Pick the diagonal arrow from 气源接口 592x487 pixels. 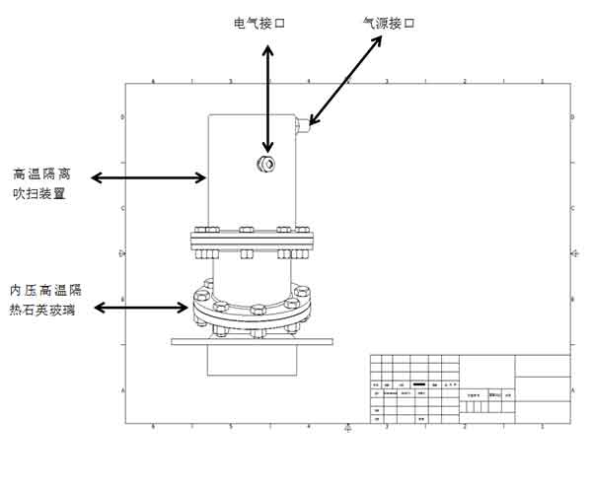(x=344, y=83)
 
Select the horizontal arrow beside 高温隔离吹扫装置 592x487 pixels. (x=148, y=177)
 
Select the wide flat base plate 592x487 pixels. (x=252, y=342)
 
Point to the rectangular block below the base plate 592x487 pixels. (x=252, y=360)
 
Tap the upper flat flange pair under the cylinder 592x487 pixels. (x=252, y=240)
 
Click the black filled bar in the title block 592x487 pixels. (x=418, y=383)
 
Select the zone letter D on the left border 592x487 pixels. (x=121, y=117)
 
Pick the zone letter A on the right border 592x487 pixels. (x=574, y=390)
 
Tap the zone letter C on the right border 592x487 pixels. (x=574, y=208)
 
